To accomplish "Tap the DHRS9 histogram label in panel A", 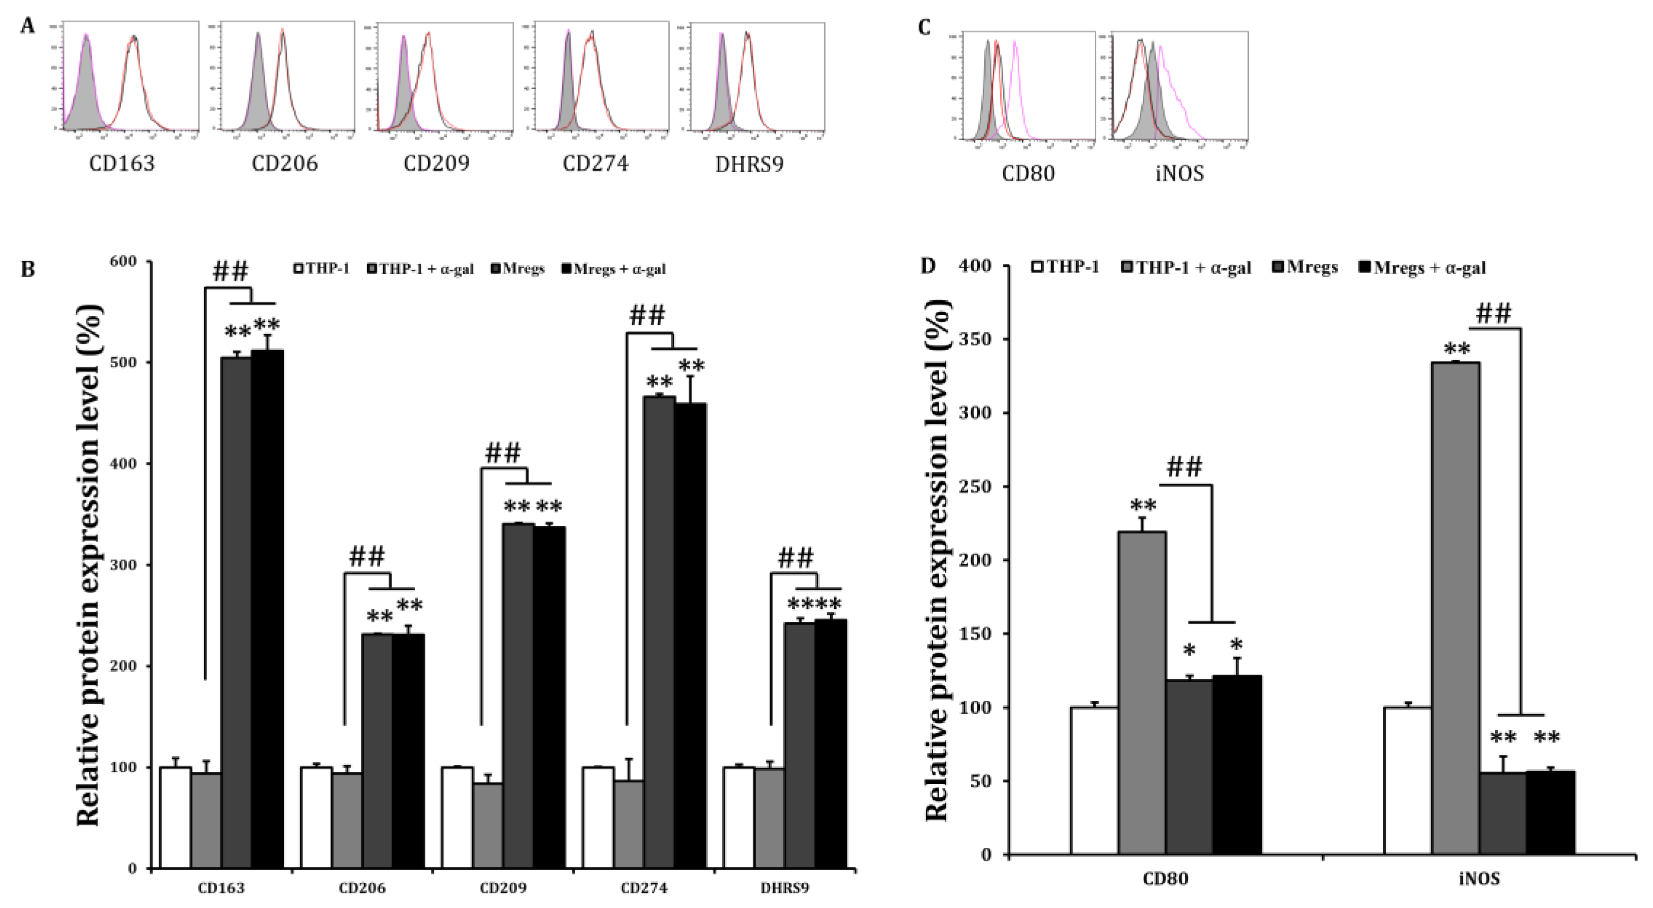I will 749,165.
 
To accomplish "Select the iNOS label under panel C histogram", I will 1180,173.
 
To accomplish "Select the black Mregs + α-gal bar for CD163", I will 267,610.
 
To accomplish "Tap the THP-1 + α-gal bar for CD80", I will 1142,693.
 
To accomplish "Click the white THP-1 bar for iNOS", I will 1407,780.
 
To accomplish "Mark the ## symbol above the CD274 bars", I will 648,316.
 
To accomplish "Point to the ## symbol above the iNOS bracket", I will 1493,314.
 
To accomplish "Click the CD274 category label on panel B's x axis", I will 644,888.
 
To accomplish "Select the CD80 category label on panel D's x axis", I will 1166,878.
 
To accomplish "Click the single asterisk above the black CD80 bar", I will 1236,645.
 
